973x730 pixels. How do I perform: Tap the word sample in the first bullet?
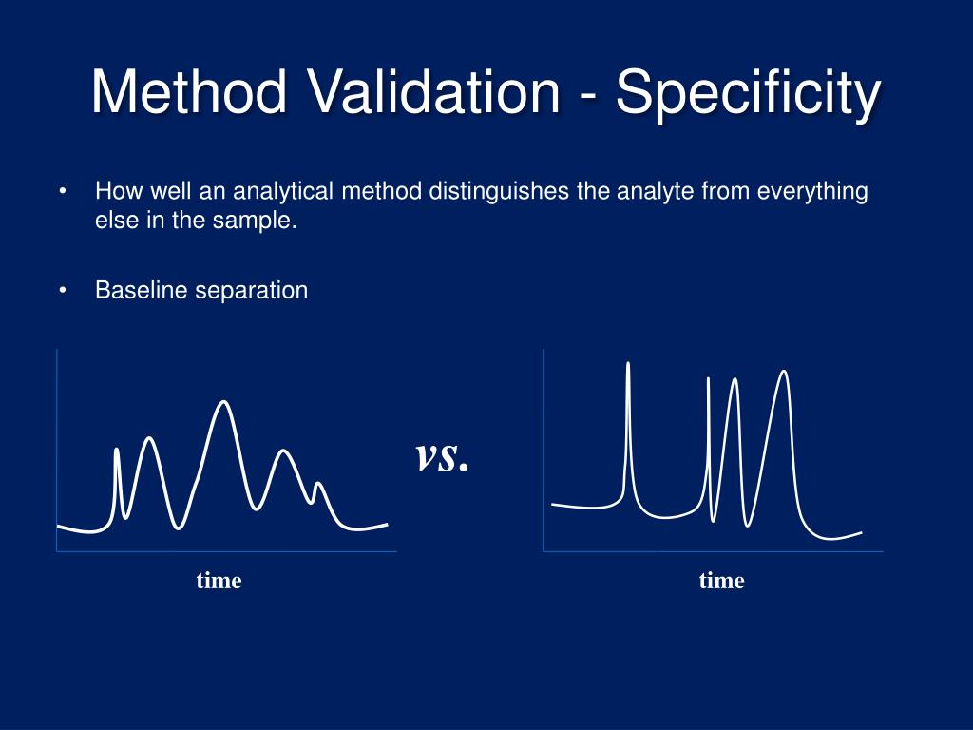tap(258, 222)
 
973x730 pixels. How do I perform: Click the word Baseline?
tap(141, 291)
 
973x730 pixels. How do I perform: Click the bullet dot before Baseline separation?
tap(63, 291)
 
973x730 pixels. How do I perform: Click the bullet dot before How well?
tap(63, 192)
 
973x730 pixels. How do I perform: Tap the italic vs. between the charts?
tap(442, 457)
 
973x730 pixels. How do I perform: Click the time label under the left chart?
tap(219, 581)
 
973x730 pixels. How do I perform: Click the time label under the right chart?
tap(722, 581)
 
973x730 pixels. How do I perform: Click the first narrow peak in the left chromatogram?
tap(117, 451)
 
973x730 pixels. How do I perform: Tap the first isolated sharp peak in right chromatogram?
tap(628, 365)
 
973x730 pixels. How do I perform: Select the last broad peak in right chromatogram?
tap(784, 373)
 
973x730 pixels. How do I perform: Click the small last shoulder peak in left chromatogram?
tap(319, 485)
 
